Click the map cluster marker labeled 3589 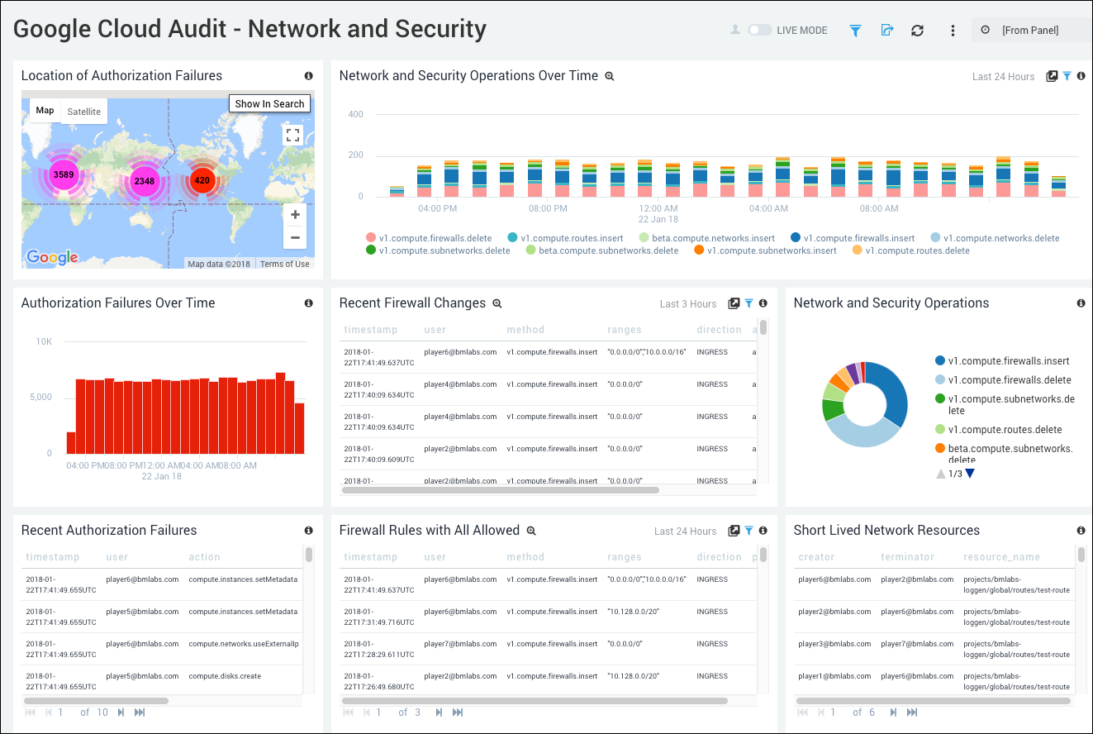(63, 174)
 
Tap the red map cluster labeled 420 (202, 179)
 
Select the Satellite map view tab (84, 112)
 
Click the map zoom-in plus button (294, 214)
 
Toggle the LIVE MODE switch (759, 30)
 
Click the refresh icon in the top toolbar (917, 31)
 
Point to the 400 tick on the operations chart (355, 114)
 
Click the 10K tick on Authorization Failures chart (43, 341)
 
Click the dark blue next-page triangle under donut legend (970, 474)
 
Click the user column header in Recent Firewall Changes (435, 330)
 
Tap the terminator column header (907, 557)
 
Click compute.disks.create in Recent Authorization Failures (225, 676)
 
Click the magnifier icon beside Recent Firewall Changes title (497, 303)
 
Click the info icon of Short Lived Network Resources (1081, 531)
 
